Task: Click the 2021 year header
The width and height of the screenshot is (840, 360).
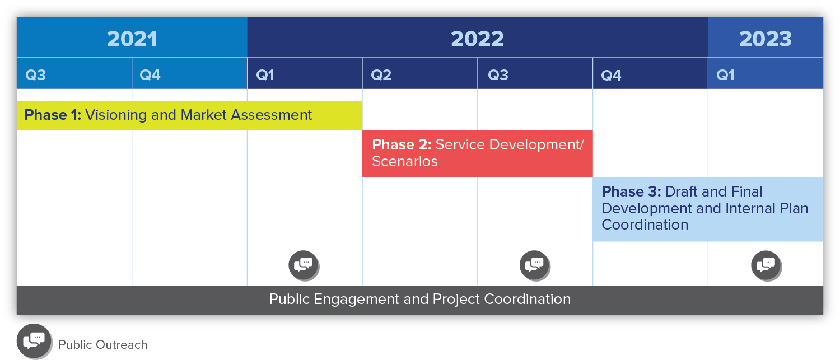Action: coord(132,39)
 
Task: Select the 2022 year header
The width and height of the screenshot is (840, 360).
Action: coord(477,39)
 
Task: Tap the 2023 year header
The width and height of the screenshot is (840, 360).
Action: coord(766,39)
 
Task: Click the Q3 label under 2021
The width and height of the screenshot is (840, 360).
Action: coord(36,75)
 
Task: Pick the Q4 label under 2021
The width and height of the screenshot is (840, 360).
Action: coord(150,75)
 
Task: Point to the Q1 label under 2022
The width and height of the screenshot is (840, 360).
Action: coord(265,75)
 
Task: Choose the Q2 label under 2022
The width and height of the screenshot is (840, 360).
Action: coord(381,75)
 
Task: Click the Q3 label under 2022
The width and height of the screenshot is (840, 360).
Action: coord(498,75)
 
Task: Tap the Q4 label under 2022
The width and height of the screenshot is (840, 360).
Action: coord(612,76)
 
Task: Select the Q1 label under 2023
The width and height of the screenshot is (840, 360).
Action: coord(726,75)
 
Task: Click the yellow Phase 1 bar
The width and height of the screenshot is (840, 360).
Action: coord(189,115)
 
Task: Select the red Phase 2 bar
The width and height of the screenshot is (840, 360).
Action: coord(477,154)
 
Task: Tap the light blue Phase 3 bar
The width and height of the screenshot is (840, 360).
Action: coord(708,209)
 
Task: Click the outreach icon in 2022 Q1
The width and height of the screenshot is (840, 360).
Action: coord(304,265)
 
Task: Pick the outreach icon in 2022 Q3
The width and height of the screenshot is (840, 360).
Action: coord(535,265)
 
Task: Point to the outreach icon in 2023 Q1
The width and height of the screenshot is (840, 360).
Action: coord(766,265)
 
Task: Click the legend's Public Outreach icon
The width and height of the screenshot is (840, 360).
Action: coord(34,341)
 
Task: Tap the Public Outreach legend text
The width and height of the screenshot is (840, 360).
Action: coord(102,345)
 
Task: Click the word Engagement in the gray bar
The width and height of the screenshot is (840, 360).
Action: coord(356,300)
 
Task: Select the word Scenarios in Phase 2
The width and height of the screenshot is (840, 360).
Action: coord(405,162)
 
